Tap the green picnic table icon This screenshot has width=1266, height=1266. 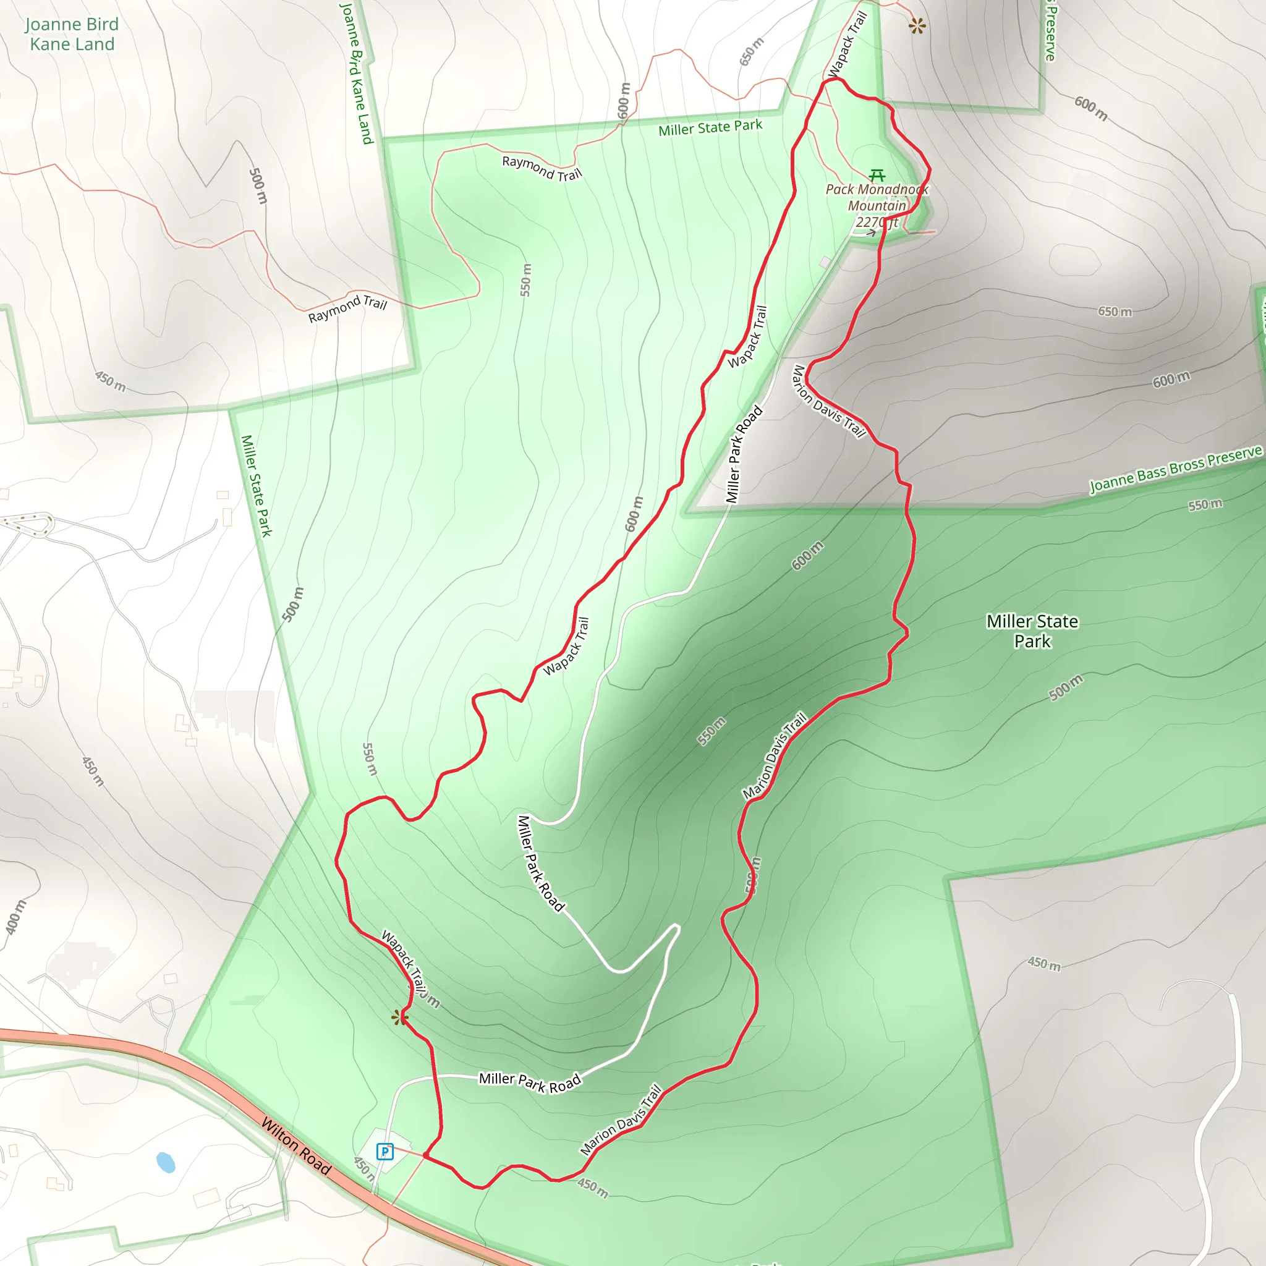877,175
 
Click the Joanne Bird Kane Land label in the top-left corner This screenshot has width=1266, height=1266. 72,34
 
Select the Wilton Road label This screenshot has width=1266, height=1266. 296,1146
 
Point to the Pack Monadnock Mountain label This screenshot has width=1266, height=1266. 877,197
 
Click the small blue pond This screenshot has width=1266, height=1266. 166,1163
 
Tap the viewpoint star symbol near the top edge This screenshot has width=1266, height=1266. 917,26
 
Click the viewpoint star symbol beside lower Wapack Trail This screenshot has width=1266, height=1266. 399,1017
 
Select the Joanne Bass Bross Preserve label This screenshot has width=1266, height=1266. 1176,469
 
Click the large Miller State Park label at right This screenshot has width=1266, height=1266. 1032,631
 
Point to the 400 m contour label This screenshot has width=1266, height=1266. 15,917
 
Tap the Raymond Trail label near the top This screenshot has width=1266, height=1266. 542,168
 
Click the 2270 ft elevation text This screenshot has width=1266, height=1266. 877,222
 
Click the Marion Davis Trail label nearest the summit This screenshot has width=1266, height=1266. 829,401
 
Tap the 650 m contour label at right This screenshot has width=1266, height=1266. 1115,312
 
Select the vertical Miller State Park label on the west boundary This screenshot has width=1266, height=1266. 256,485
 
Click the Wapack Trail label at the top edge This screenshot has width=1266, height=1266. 848,44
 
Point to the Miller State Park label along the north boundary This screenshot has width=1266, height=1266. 710,127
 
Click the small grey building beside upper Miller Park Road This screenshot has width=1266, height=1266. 825,262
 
